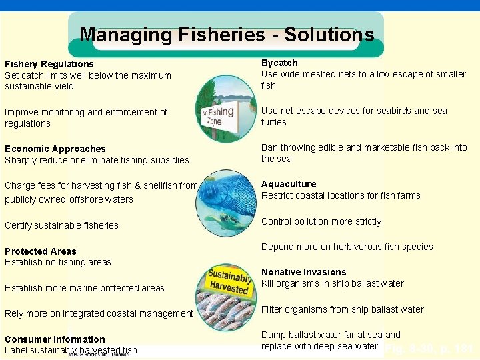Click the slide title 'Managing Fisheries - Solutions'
click(227, 35)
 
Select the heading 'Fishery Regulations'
click(49, 64)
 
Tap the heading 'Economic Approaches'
click(55, 149)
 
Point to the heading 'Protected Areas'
click(41, 251)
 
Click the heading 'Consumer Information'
click(55, 339)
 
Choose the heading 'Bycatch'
click(279, 63)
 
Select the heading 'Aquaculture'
click(289, 184)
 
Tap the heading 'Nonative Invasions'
click(304, 272)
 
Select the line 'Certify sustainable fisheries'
click(61, 225)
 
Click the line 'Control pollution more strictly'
click(321, 221)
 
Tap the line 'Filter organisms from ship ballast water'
click(343, 309)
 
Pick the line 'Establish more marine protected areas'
click(85, 288)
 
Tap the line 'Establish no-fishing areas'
click(58, 262)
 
